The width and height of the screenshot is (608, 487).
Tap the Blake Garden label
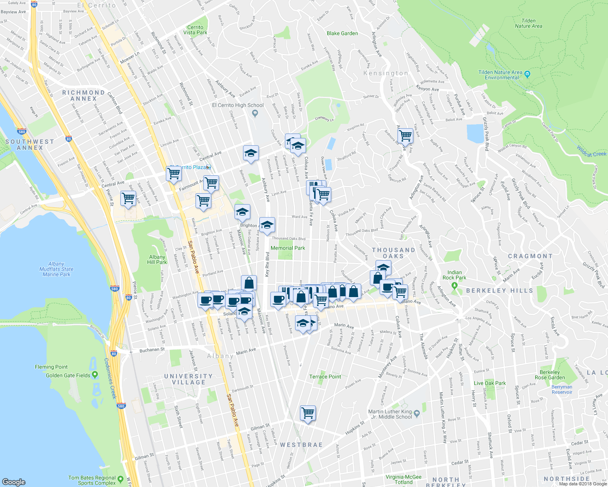coord(342,33)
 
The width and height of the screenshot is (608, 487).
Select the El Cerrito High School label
coord(238,105)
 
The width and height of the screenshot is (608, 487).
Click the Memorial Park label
coord(288,248)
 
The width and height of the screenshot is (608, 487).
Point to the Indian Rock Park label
coord(454,275)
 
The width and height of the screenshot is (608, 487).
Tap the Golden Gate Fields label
coord(68,375)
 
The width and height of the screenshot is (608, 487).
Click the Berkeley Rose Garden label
coord(549,375)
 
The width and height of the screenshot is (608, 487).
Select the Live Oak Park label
coord(490,383)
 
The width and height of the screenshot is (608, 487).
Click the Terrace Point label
coord(325,377)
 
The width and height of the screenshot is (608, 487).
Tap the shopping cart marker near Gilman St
coord(308,413)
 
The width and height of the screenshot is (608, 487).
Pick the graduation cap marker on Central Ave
coord(251,153)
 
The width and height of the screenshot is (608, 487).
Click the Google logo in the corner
coord(14,482)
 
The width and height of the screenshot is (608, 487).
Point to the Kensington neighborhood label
coord(385,73)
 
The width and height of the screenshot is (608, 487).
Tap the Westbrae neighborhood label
coord(301,445)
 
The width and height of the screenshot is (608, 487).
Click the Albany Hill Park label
coord(157,259)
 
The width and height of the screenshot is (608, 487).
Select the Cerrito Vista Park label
coord(195,30)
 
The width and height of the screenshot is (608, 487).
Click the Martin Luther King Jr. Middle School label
coord(390,414)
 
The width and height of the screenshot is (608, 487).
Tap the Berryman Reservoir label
coord(562,390)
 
